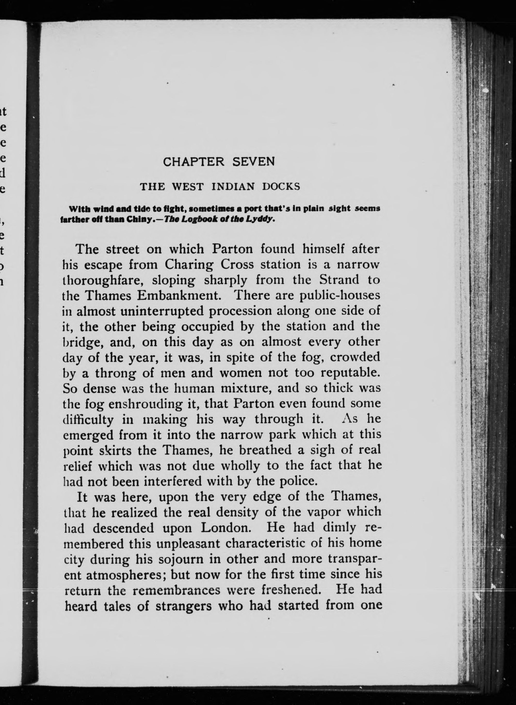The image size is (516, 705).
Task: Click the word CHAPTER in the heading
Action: pyautogui.click(x=194, y=162)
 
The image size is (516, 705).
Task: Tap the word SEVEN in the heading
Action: pyautogui.click(x=254, y=162)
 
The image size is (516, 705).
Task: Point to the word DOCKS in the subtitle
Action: pyautogui.click(x=281, y=187)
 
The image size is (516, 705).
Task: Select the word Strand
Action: pyautogui.click(x=339, y=280)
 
